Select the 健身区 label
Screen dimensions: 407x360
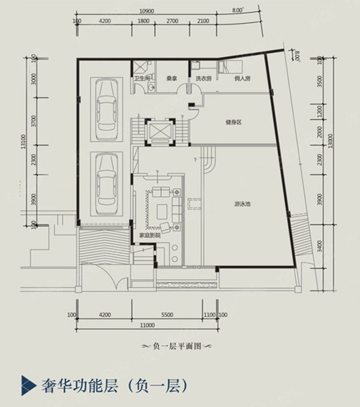(x=233, y=122)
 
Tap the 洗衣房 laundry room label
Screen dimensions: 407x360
(x=203, y=78)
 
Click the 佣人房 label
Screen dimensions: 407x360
(x=242, y=78)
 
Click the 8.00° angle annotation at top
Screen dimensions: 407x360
(x=237, y=10)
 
